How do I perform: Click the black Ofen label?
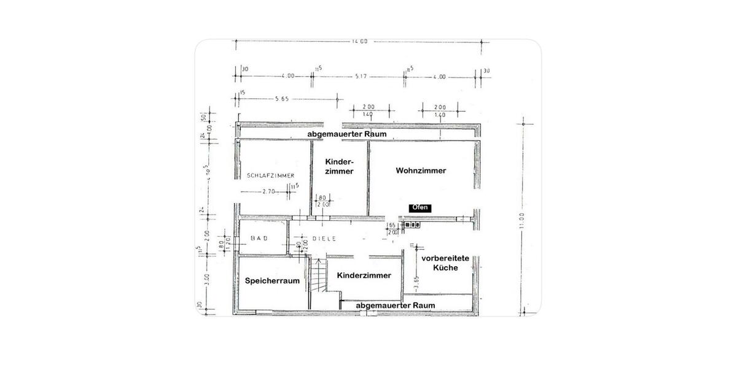(419, 208)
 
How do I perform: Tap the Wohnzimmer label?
(421, 171)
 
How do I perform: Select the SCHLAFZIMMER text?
(267, 175)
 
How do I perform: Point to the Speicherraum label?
(272, 281)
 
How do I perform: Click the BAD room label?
(256, 238)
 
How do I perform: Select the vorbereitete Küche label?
(445, 263)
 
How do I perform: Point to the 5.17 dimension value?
(361, 76)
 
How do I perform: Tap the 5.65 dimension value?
(283, 98)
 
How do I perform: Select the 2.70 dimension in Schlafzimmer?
(267, 192)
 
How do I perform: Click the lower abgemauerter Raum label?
(396, 305)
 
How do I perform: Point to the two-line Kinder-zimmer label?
(339, 166)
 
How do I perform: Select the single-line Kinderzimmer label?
(364, 275)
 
